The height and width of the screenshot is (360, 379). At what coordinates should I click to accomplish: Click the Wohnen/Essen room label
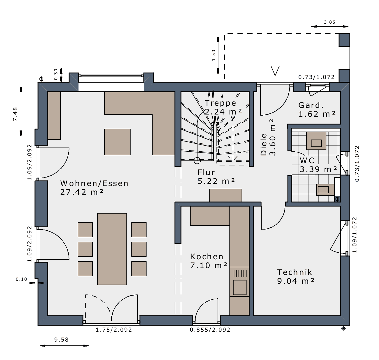click(x=94, y=183)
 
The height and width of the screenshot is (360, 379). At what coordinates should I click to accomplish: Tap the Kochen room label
click(x=207, y=257)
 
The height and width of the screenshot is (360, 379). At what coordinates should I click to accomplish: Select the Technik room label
click(x=294, y=272)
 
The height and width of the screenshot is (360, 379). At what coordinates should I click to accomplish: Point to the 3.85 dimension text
click(x=330, y=22)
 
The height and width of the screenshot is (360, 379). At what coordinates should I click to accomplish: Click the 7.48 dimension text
click(x=15, y=114)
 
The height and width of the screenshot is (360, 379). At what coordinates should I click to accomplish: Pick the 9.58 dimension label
click(x=61, y=340)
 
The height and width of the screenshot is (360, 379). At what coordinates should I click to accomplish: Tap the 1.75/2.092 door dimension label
click(x=114, y=330)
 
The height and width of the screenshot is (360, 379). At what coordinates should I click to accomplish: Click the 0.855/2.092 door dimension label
click(x=210, y=330)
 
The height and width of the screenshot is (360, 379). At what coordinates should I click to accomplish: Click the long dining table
click(x=112, y=249)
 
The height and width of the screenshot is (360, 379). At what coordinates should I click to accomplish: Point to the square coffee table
click(x=117, y=142)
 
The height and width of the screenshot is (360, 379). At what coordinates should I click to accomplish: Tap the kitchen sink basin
click(x=240, y=287)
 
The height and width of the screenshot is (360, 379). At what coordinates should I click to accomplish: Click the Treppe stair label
click(x=220, y=103)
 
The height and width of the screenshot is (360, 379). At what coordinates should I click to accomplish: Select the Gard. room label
click(x=311, y=105)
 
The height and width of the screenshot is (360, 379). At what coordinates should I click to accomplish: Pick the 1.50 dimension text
click(x=213, y=55)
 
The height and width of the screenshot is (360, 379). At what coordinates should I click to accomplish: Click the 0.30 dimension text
click(x=56, y=74)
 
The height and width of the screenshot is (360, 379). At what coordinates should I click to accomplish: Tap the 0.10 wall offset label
click(x=21, y=279)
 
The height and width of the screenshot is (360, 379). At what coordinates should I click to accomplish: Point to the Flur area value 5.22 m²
click(x=216, y=181)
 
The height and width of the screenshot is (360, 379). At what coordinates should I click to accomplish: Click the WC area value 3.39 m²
click(x=318, y=169)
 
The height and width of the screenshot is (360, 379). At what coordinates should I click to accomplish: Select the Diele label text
click(x=264, y=144)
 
